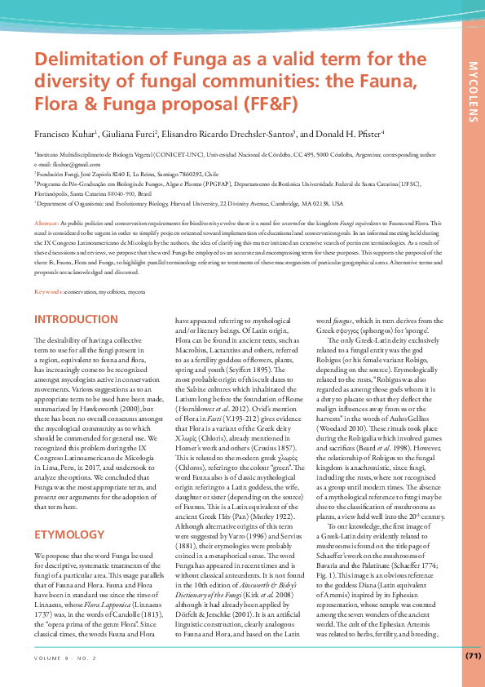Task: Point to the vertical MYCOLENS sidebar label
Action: [473, 89]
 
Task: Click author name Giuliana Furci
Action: [130, 134]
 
